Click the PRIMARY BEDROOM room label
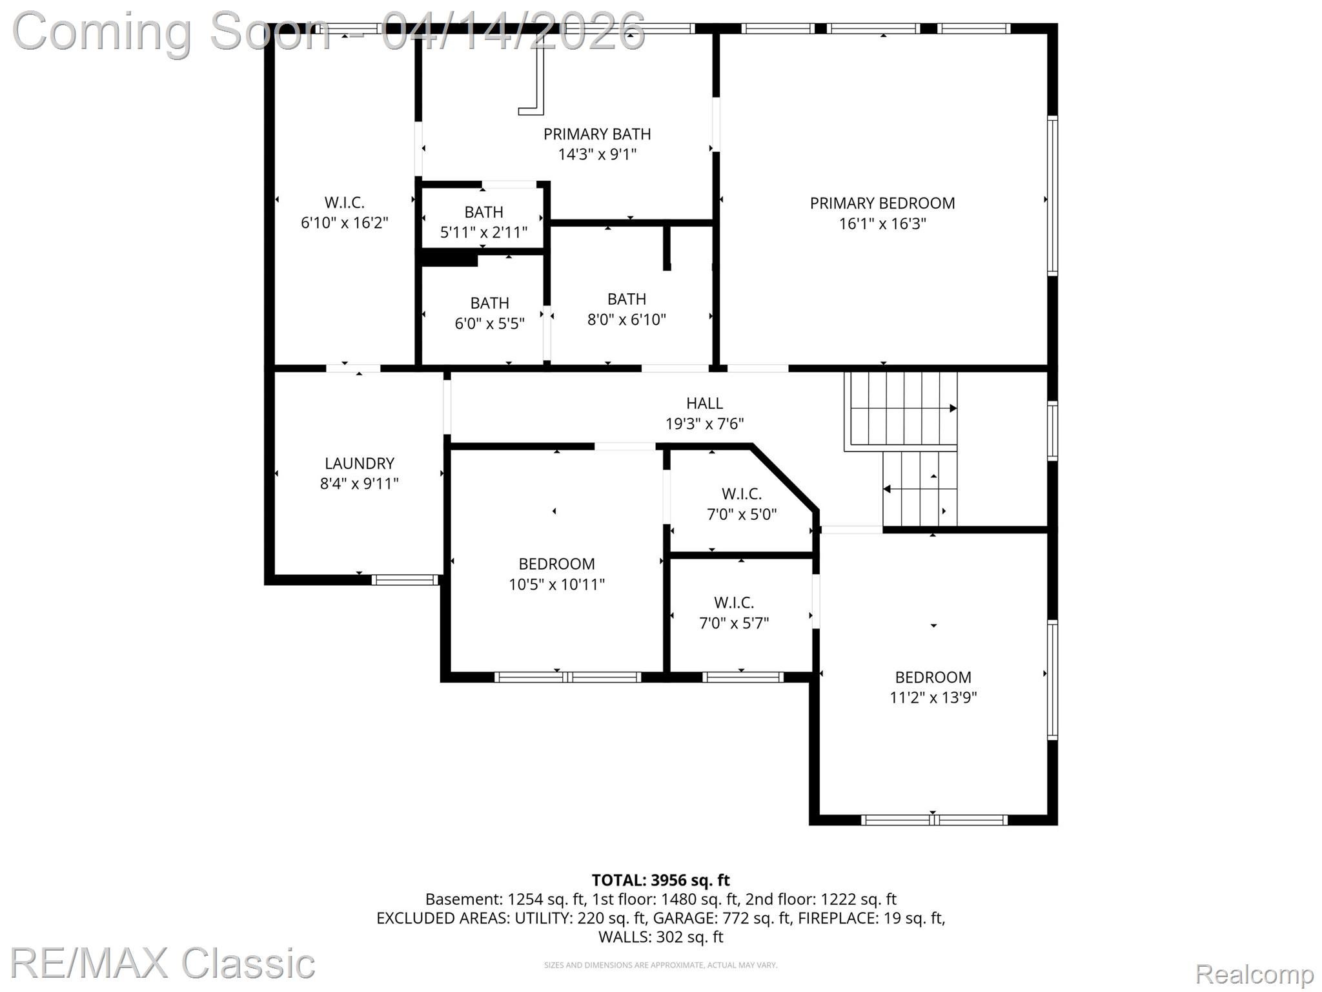pos(882,203)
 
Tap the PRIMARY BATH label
pos(597,134)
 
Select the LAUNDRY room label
pos(360,463)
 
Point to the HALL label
pos(704,403)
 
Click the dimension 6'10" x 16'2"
pos(345,223)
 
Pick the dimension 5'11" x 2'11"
pos(484,232)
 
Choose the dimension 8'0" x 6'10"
pos(627,320)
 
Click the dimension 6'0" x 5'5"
pos(490,324)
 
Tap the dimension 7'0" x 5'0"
pos(742,515)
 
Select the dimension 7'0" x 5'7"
pos(735,623)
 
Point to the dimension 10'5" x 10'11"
pos(556,584)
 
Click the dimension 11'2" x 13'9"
pos(933,697)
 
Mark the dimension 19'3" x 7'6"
pos(705,424)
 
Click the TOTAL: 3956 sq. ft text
pos(661,880)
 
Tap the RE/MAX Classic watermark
pos(163,963)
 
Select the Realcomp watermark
pos(1254,973)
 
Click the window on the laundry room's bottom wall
pos(405,580)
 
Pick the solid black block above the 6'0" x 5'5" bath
pos(449,259)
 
